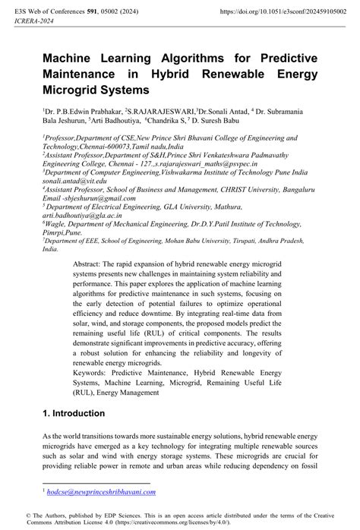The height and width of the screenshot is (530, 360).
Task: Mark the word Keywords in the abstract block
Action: [x=113, y=374]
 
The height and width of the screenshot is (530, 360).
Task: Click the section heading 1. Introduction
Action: [x=74, y=413]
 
